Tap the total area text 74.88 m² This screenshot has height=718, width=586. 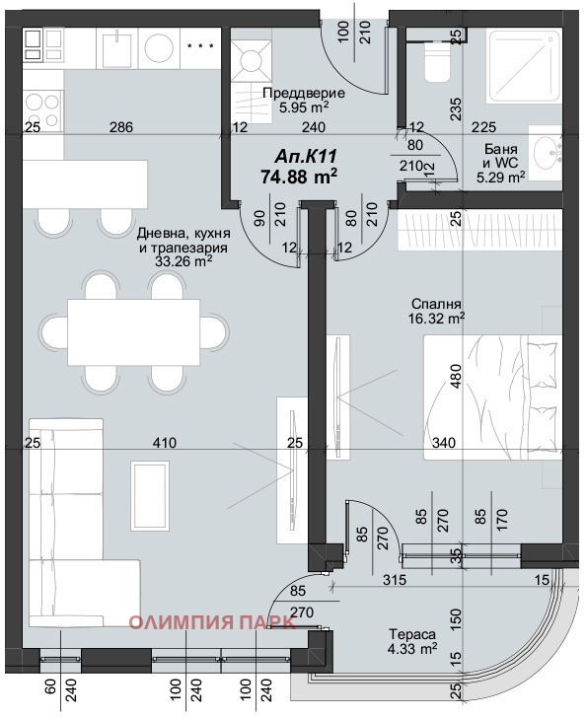click(x=299, y=177)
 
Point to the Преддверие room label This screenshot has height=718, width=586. click(x=295, y=94)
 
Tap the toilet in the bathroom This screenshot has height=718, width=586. click(x=434, y=63)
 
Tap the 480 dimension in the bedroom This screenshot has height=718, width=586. click(x=456, y=381)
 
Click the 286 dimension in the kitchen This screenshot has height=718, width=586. click(x=120, y=127)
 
